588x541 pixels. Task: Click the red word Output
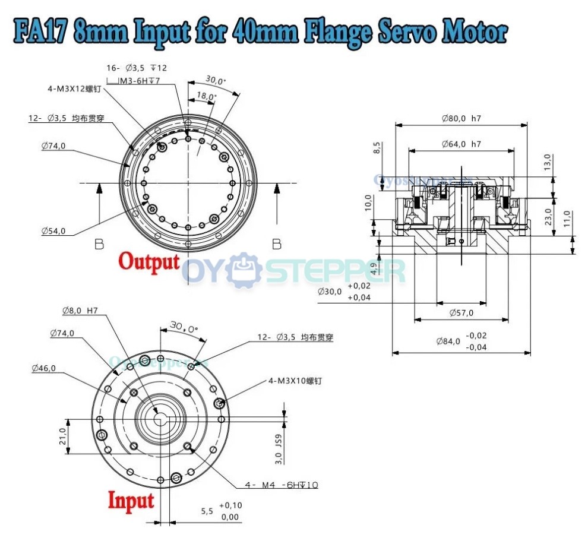click(149, 261)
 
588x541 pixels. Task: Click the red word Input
click(131, 501)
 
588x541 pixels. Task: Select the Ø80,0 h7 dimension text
click(461, 118)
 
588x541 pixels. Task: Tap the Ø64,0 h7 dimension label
click(461, 144)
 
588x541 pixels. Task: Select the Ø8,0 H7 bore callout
click(80, 310)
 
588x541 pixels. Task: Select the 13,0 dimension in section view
click(547, 161)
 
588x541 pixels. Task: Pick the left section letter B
click(99, 243)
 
